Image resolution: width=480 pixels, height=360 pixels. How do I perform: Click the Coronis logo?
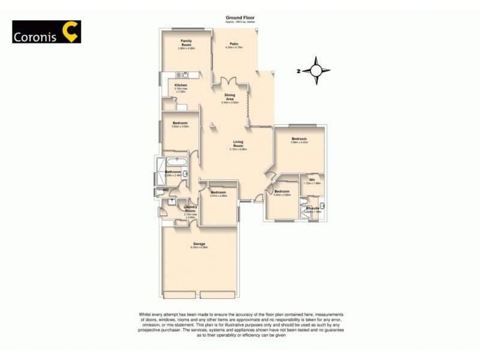coord(46,32)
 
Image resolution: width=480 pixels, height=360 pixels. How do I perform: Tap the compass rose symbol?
coord(316,70)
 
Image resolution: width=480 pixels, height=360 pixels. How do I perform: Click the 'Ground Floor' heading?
coord(240,18)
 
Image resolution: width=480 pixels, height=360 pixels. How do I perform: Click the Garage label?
coord(199,244)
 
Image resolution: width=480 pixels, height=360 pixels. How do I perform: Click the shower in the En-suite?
coord(305,213)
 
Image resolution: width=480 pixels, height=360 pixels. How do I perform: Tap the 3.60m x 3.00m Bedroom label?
coord(180,124)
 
